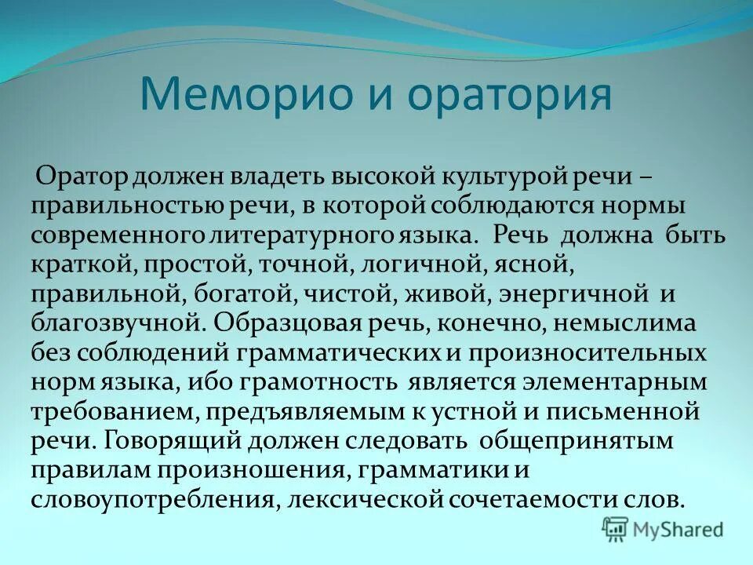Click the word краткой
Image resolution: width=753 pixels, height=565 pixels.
tap(82, 264)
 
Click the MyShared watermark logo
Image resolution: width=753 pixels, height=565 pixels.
tap(662, 529)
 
